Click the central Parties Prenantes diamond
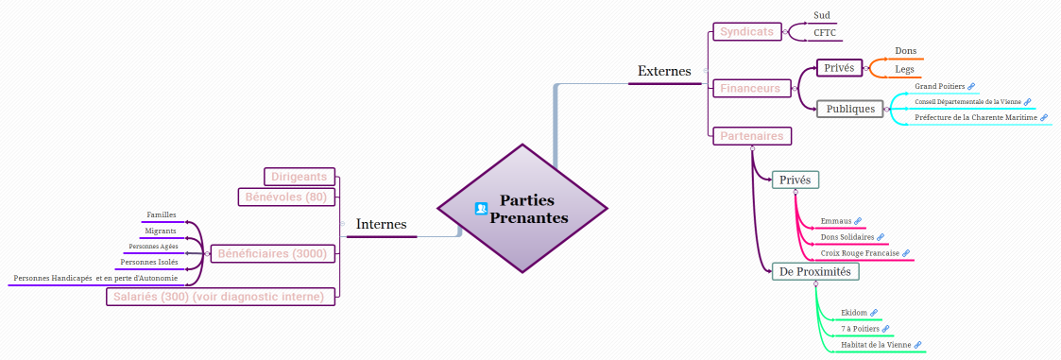(522, 209)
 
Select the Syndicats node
(746, 31)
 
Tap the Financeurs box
(750, 88)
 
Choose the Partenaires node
(752, 136)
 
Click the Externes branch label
(664, 71)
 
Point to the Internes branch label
(381, 225)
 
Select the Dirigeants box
(299, 176)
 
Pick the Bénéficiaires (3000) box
(272, 253)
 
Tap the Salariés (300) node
(220, 297)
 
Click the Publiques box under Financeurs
(850, 109)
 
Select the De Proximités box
(814, 272)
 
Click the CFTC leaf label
(825, 33)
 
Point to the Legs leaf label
(904, 70)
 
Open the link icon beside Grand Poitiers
(971, 87)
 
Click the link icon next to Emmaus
(858, 221)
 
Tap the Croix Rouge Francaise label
(860, 253)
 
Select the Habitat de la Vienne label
(876, 345)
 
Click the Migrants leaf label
(160, 231)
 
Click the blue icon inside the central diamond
(481, 209)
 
